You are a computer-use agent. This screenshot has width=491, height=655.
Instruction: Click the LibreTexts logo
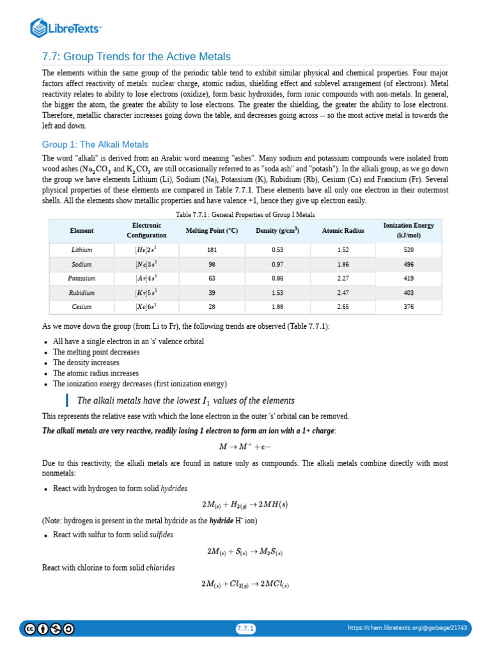66,28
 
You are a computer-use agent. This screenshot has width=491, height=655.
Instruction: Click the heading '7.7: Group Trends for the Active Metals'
136,56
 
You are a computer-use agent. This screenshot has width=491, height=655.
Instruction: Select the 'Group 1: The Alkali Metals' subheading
95,145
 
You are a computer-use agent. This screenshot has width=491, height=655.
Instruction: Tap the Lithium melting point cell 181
212,249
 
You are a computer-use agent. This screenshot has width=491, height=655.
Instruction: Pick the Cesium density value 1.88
277,306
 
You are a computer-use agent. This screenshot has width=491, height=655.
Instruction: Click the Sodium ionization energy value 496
409,264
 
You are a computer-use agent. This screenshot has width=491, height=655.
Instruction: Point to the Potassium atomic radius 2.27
343,278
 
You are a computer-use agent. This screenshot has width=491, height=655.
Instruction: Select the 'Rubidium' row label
82,292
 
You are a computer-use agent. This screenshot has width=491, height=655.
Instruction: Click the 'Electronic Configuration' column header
146,230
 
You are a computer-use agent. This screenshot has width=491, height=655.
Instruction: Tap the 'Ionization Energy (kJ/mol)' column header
409,230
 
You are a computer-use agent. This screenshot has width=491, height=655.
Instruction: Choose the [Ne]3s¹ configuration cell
146,264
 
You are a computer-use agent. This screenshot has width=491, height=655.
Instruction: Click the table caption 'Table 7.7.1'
245,214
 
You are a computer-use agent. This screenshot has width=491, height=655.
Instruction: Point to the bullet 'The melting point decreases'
96,352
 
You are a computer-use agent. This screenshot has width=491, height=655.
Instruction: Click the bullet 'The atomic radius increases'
96,373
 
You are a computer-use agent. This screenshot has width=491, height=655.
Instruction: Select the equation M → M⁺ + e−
245,446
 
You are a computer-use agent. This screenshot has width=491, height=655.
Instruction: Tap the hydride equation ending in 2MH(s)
245,505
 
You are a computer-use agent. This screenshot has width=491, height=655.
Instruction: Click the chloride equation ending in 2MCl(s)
245,584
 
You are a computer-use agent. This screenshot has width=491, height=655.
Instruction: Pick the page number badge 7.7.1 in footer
245,629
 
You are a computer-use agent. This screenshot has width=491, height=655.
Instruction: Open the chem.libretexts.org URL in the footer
407,628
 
